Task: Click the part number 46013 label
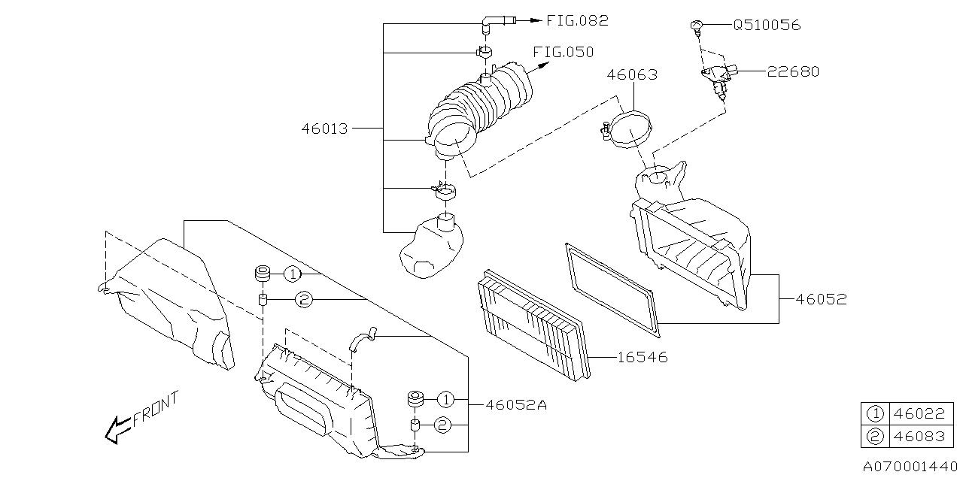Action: pos(325,129)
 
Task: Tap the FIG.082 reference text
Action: pos(577,21)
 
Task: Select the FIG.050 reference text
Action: pos(563,52)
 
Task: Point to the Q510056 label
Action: pos(767,25)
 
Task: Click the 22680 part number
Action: pos(793,71)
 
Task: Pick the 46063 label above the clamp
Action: pos(632,74)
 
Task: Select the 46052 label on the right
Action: pos(822,299)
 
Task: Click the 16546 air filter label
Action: pos(643,358)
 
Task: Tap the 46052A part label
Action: pos(516,404)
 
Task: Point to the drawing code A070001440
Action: pos(910,467)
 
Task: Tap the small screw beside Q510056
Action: pos(697,27)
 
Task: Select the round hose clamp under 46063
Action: pos(628,129)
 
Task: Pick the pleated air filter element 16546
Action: pos(534,323)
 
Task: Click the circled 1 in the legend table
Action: pos(874,413)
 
